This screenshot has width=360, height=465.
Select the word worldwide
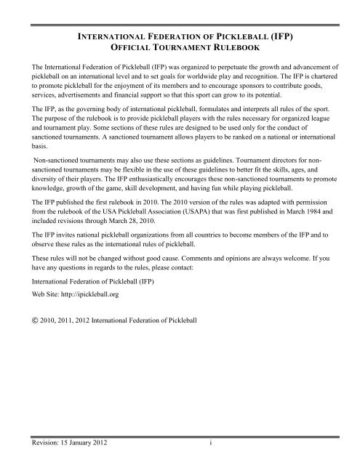(x=217, y=76)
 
